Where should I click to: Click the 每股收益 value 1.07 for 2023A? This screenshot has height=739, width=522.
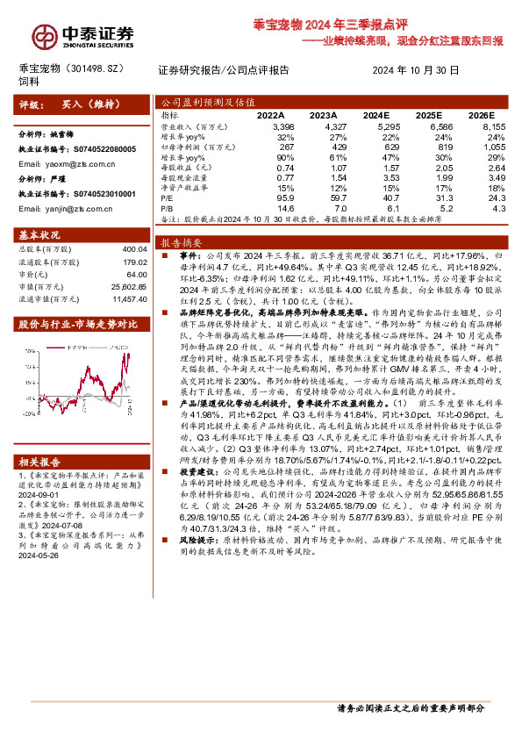327,165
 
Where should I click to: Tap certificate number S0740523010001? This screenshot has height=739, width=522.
101,192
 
